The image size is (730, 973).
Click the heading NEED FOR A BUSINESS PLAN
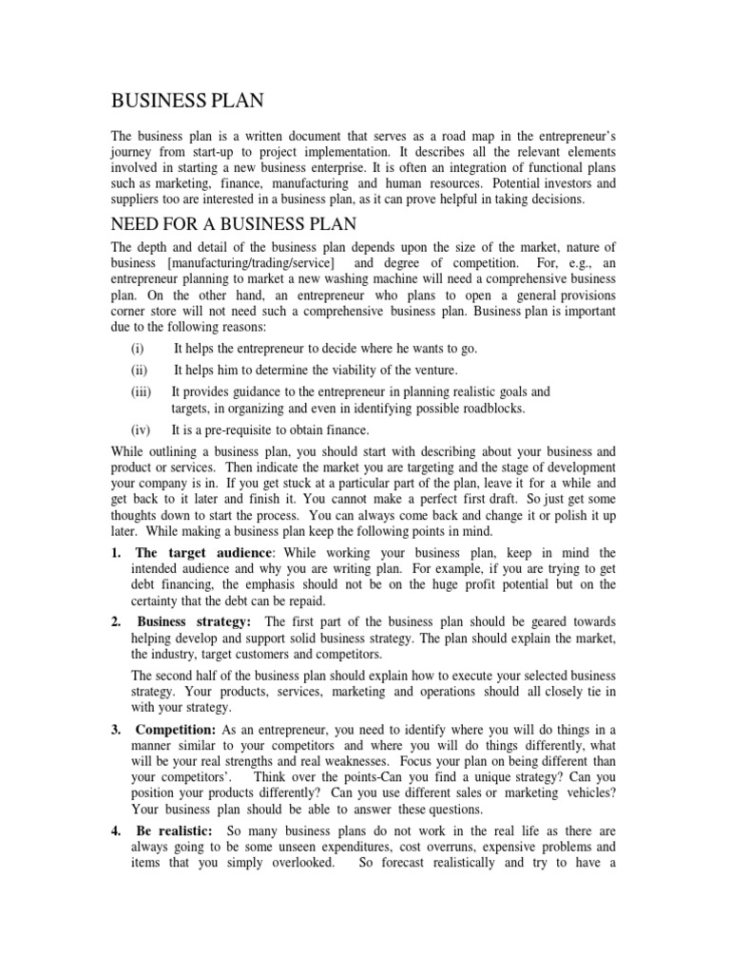point(234,224)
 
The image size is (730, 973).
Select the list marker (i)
point(138,349)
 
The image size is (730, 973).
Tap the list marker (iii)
point(141,391)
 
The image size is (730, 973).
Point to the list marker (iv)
point(141,429)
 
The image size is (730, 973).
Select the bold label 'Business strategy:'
point(193,620)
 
